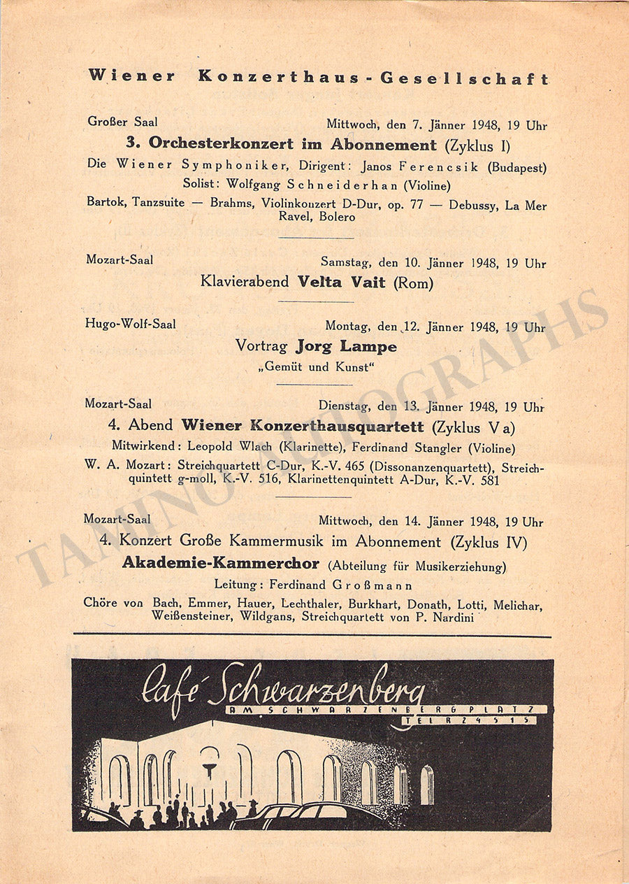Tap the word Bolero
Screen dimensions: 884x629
click(x=338, y=217)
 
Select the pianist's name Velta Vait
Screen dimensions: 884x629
click(x=342, y=283)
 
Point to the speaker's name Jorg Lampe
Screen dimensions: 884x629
click(x=346, y=346)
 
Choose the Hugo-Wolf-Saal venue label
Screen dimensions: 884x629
click(x=131, y=324)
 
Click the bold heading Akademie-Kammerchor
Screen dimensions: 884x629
click(x=221, y=563)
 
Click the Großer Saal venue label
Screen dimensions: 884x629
click(x=117, y=122)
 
